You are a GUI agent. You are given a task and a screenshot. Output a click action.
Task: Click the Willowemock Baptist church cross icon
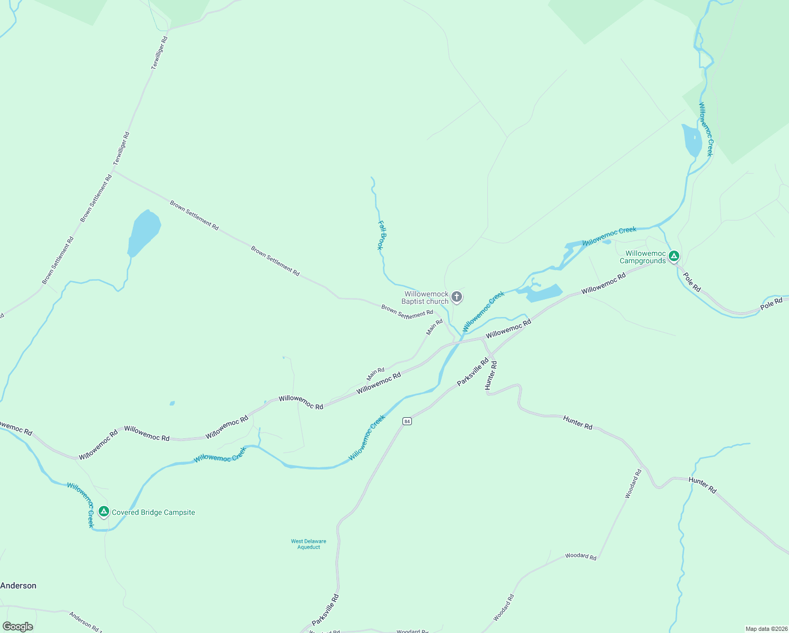coord(457,297)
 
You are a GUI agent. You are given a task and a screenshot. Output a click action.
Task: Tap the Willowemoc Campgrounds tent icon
coord(673,256)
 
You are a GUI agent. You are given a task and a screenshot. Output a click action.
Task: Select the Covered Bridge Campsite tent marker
coord(104,511)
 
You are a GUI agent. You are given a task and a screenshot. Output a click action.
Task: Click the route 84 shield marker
coord(407,421)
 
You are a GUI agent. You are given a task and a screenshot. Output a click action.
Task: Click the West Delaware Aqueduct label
coord(309,544)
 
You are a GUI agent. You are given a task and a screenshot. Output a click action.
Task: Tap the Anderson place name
coord(18,586)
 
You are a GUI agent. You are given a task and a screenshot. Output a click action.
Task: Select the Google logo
coord(18,627)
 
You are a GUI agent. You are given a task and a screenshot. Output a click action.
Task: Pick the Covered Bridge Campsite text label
coord(153,512)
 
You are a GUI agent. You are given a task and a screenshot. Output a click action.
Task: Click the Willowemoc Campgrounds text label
coord(643,257)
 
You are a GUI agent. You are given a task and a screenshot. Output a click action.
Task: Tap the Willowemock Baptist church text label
coord(426,298)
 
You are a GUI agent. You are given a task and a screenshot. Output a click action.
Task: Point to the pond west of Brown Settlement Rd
coord(143,232)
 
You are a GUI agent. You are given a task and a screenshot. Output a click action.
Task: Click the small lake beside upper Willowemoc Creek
coord(691,140)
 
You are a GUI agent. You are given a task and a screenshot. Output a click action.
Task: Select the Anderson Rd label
coord(84,621)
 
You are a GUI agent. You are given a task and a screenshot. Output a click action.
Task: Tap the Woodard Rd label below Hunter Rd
coord(633,484)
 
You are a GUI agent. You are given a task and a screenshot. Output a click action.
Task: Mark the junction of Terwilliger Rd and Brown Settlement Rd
coord(113,170)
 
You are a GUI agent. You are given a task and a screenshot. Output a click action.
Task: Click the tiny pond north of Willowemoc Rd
coord(172,404)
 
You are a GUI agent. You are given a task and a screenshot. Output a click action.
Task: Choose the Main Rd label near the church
coord(435,327)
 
